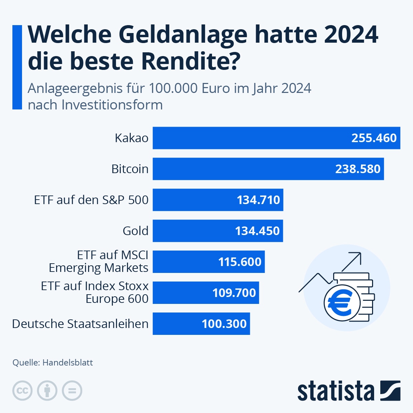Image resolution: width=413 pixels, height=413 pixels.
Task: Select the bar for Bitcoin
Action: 241,169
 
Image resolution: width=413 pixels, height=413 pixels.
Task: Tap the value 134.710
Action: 258,200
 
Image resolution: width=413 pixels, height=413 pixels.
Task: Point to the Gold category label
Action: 135,231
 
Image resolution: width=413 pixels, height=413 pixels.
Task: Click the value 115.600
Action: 240,262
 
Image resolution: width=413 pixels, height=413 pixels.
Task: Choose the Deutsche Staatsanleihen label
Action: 80,324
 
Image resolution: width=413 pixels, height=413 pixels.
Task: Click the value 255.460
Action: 374,138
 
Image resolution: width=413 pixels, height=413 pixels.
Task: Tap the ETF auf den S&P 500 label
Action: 91,200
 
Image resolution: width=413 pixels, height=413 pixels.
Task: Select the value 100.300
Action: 224,324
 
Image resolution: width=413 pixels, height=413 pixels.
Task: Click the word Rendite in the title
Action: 190,61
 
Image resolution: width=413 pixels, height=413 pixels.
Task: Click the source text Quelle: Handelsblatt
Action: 53,362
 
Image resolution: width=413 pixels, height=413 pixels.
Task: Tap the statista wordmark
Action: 336,391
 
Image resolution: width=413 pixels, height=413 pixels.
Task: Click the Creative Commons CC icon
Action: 22,391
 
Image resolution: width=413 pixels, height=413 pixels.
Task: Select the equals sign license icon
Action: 72,391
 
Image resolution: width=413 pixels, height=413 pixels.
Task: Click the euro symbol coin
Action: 342,303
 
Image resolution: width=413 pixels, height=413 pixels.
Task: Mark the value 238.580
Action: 358,169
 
